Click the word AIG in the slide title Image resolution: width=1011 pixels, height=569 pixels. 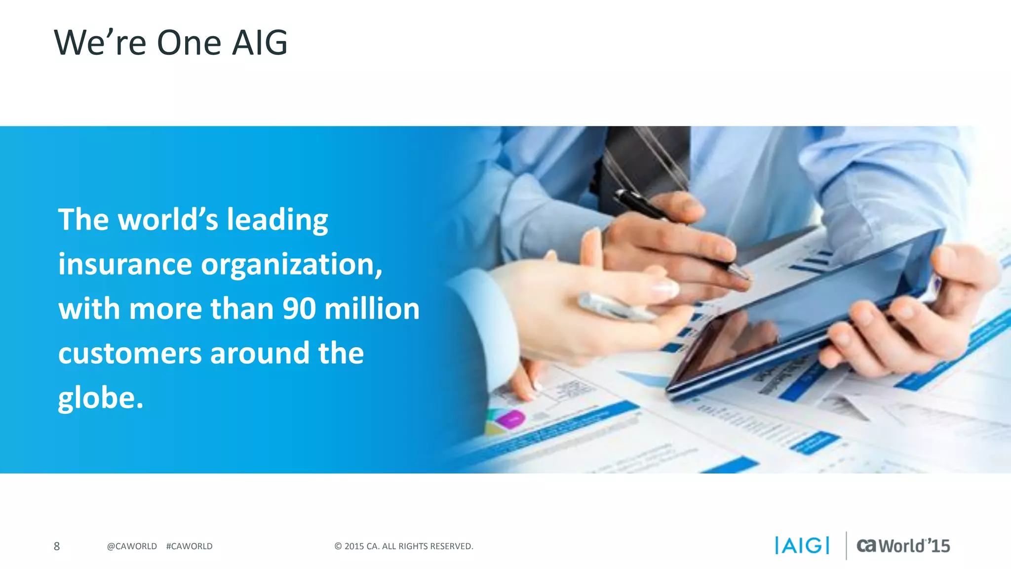260,43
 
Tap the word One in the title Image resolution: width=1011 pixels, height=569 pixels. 189,43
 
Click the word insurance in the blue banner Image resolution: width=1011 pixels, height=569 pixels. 125,264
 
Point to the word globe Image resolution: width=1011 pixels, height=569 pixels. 100,398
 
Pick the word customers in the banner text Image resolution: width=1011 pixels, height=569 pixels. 130,354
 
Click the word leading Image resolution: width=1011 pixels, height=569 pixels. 277,220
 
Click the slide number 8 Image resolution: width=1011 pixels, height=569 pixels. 57,546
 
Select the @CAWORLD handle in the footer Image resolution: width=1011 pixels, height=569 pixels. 132,546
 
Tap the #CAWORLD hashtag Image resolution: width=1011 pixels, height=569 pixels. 190,546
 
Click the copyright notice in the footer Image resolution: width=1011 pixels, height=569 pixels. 404,546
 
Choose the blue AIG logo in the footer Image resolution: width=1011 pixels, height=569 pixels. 802,546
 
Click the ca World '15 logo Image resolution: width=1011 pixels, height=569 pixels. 903,546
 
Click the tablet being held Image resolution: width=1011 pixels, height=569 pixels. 805,316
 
